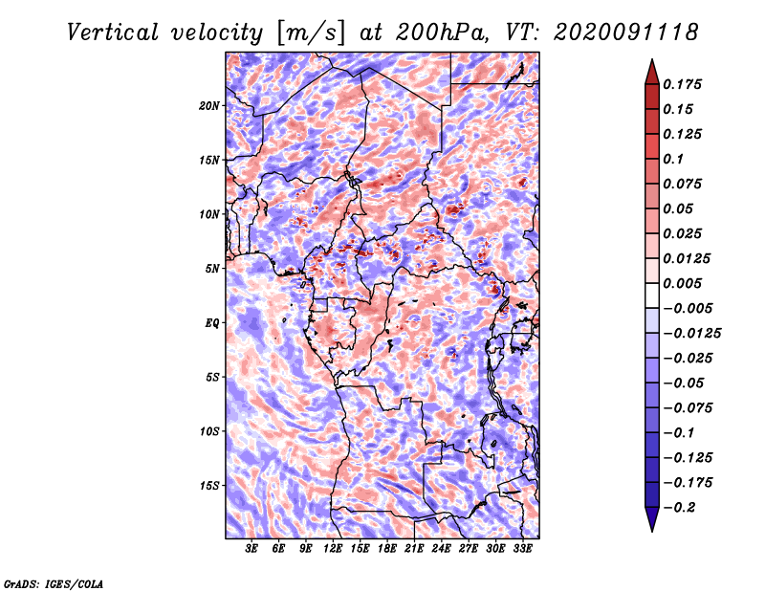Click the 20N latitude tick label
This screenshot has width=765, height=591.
coord(209,105)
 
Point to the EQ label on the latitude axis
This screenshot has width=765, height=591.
coord(212,322)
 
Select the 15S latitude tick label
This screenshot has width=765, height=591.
coord(209,485)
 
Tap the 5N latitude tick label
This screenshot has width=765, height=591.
coord(212,268)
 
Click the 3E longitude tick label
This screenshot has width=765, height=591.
coord(252,549)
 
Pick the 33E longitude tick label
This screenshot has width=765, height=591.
coord(522,549)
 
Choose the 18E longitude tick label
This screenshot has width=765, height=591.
coord(387,549)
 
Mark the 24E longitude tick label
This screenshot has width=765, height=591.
coord(442,549)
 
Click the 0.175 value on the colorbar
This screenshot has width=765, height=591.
coord(686,84)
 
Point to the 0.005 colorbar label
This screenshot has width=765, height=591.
coord(686,283)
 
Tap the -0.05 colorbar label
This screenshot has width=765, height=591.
coord(686,383)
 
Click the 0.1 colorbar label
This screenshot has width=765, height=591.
coord(677,159)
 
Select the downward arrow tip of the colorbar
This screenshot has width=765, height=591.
coord(651,529)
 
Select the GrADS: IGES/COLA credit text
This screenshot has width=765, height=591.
coord(54,582)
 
